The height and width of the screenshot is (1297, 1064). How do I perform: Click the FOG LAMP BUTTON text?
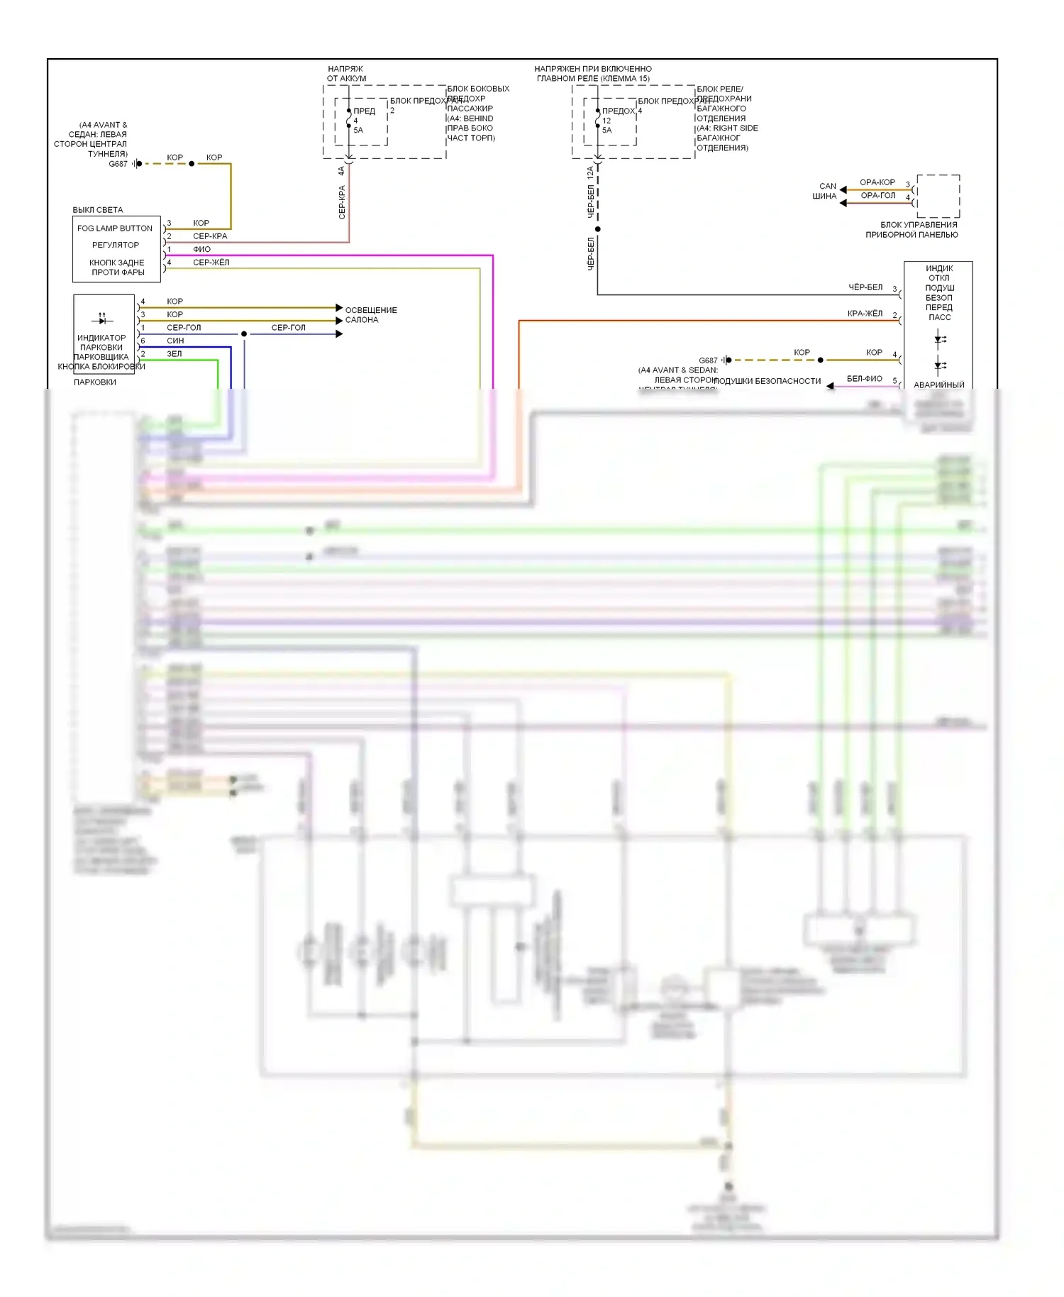[x=115, y=228]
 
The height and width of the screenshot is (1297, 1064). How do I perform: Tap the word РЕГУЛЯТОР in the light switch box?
[x=116, y=245]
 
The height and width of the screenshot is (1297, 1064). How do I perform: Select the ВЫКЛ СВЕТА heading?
[x=98, y=210]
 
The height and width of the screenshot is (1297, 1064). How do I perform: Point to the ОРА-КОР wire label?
[x=877, y=182]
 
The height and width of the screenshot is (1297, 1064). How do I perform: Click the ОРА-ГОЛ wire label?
[x=878, y=196]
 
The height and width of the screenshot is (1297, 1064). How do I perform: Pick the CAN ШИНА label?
[x=826, y=192]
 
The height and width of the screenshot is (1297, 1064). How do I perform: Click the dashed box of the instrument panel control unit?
[x=938, y=197]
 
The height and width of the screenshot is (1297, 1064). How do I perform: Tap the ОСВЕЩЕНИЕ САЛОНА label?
[x=370, y=315]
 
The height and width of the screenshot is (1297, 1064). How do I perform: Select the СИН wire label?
[x=175, y=341]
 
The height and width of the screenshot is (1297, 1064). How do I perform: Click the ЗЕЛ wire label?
[x=174, y=354]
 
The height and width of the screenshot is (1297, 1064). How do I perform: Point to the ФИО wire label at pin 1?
[x=202, y=250]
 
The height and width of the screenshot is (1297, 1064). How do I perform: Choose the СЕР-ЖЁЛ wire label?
[x=211, y=263]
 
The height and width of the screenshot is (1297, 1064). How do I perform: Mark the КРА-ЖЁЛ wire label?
[x=865, y=314]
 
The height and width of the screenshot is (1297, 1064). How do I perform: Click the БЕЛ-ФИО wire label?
[x=864, y=379]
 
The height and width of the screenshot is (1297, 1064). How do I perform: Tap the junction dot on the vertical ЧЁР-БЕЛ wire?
[x=598, y=229]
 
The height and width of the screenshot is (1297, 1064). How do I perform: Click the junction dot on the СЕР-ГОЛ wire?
[x=244, y=334]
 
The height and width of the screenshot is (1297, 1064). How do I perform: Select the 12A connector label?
[x=590, y=172]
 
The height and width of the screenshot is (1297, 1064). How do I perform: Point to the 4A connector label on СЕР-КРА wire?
[x=341, y=172]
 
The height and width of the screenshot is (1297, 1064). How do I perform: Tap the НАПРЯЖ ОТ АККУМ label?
[x=346, y=74]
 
